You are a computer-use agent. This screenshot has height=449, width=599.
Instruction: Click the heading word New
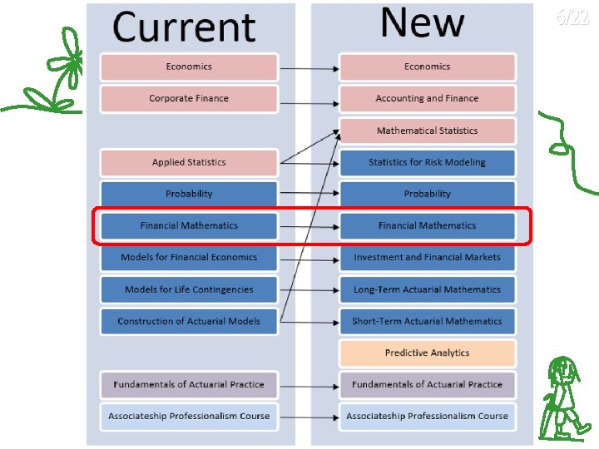[422, 23]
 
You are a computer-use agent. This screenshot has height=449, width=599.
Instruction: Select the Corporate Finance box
[189, 98]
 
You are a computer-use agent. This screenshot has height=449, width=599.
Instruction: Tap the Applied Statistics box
[189, 162]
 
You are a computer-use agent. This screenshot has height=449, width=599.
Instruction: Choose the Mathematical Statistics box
[427, 131]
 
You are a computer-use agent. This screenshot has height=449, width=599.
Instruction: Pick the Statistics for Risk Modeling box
[427, 162]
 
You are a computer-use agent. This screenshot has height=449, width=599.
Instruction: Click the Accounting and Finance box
[427, 98]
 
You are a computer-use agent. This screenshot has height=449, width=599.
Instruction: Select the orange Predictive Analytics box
[427, 353]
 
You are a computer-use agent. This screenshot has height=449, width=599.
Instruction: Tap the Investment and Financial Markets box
[427, 257]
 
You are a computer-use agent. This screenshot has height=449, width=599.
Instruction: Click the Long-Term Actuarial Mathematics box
[427, 289]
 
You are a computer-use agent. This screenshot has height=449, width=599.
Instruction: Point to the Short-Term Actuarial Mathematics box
[427, 321]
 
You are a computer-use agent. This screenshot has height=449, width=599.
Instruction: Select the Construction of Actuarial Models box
[189, 321]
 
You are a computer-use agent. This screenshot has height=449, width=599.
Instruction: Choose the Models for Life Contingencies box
[189, 289]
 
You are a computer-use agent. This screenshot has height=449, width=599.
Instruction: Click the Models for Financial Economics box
[189, 257]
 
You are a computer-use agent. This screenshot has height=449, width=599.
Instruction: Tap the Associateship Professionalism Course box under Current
[189, 416]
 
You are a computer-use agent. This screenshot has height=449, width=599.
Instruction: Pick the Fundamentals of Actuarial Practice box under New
[427, 384]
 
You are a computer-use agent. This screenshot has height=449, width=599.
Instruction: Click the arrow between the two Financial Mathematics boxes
[309, 226]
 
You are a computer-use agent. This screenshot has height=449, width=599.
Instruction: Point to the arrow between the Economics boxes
[309, 67]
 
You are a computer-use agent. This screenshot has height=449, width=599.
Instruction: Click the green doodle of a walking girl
[563, 397]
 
